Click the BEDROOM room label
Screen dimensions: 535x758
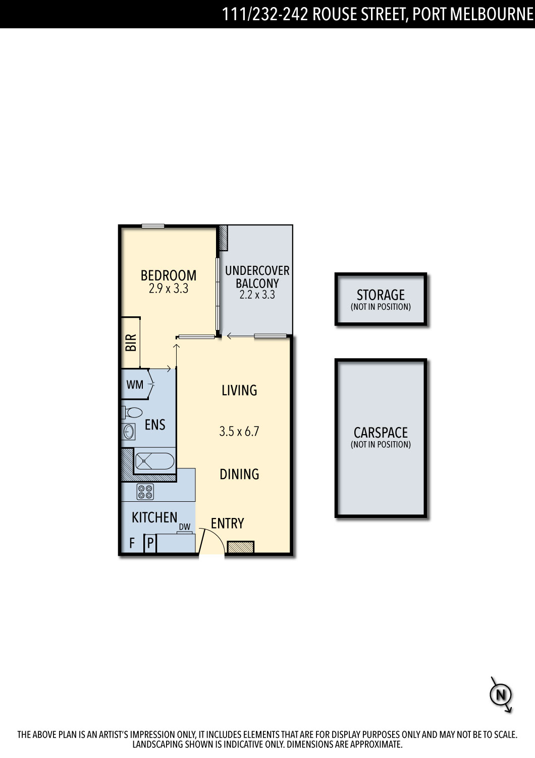click(168, 275)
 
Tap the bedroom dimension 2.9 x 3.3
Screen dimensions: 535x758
click(168, 289)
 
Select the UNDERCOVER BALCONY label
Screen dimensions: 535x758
click(257, 277)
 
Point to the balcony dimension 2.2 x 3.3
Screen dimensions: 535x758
click(257, 295)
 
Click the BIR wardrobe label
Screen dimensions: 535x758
click(131, 343)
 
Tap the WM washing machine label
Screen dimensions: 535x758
click(135, 385)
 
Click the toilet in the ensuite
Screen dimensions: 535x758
click(132, 412)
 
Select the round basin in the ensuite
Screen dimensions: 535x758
click(128, 432)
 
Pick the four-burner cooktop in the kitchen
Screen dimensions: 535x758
click(145, 492)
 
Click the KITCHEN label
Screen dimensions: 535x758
click(154, 517)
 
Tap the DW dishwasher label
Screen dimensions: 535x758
click(185, 527)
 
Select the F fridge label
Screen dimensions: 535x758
click(132, 543)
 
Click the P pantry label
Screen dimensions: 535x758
click(150, 543)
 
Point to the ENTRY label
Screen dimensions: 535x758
click(228, 524)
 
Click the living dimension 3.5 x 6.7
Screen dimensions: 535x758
click(239, 432)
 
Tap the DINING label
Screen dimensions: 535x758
click(239, 474)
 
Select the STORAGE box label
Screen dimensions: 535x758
click(381, 295)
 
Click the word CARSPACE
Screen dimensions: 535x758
click(381, 433)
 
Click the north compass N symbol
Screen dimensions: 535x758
click(501, 695)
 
